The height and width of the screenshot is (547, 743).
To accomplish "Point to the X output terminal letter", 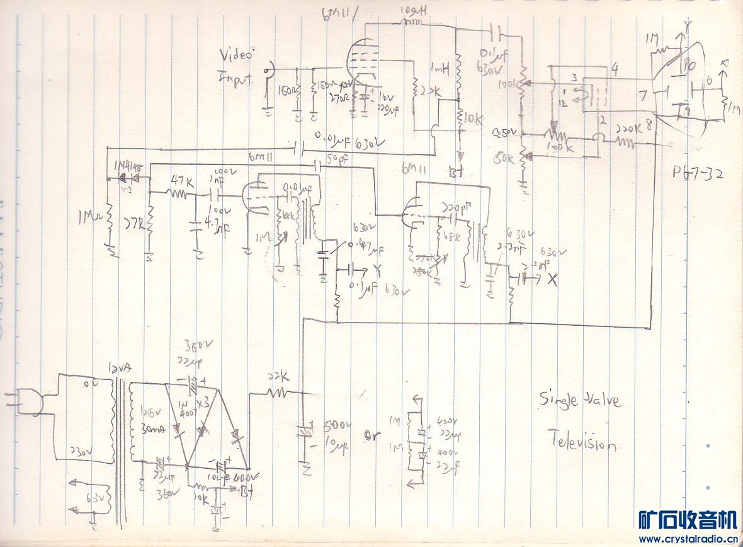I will [x=553, y=280].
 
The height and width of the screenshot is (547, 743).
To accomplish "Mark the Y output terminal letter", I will [x=378, y=272].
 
